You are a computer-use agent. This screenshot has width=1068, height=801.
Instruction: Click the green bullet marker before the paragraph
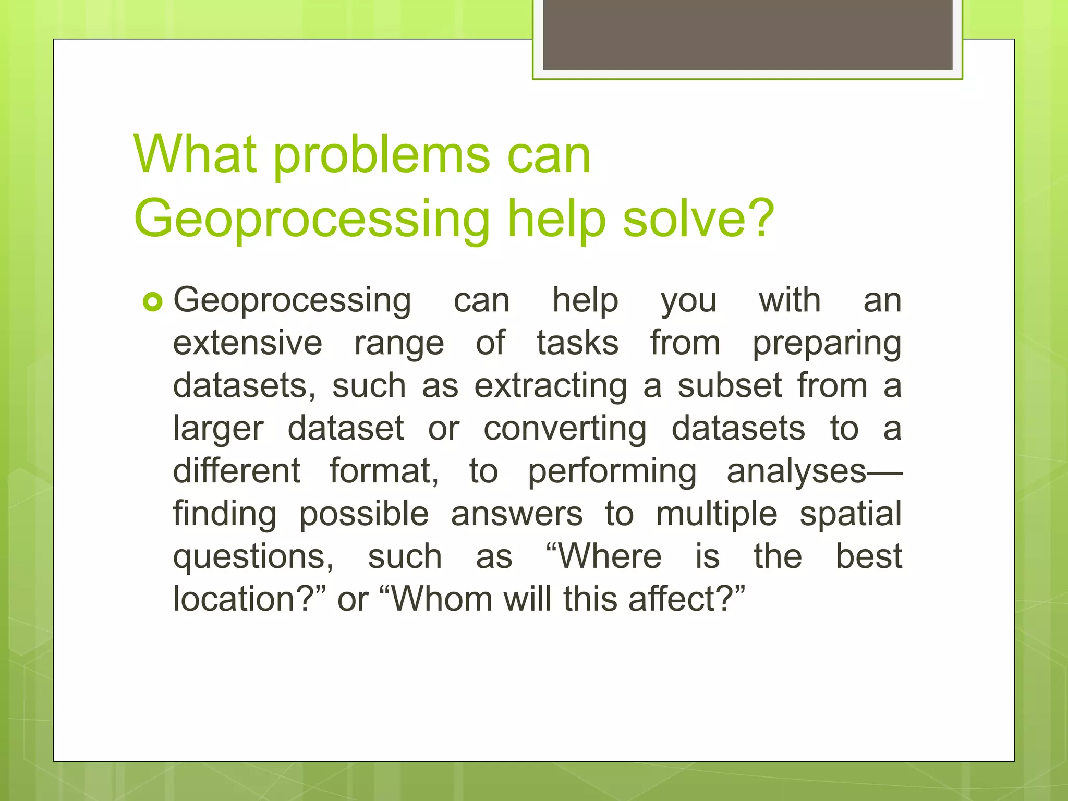(x=153, y=302)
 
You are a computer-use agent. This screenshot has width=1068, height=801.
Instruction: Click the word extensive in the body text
(x=248, y=343)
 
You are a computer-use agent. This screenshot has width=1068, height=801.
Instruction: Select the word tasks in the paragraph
(x=578, y=343)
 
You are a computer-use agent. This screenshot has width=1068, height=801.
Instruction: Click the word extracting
(x=551, y=387)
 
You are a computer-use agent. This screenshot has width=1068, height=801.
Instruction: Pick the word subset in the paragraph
(x=730, y=386)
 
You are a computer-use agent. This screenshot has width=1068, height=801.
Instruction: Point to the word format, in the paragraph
(x=385, y=471)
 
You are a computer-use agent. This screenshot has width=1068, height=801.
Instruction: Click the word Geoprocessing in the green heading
(x=312, y=219)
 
